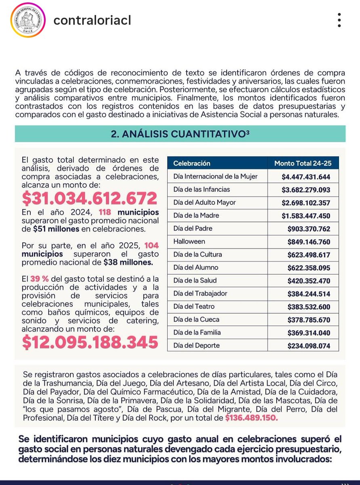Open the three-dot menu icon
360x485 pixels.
pyautogui.click(x=339, y=20)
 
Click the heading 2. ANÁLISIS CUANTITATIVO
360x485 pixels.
pyautogui.click(x=180, y=134)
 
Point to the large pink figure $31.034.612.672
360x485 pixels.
pyautogui.click(x=89, y=198)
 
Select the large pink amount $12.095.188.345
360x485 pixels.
pyautogui.click(x=90, y=342)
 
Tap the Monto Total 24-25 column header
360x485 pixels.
pyautogui.click(x=303, y=163)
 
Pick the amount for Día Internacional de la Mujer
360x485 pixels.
pyautogui.click(x=306, y=177)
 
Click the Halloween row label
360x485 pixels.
pyautogui.click(x=189, y=242)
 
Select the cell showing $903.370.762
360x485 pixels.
pyautogui.click(x=309, y=229)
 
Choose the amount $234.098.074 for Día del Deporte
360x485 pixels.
pyautogui.click(x=309, y=346)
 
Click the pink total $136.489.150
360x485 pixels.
pyautogui.click(x=252, y=418)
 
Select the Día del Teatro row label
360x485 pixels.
pyautogui.click(x=194, y=307)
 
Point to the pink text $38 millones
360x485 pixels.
pyautogui.click(x=128, y=262)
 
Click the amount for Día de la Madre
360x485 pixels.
pyautogui.click(x=306, y=216)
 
